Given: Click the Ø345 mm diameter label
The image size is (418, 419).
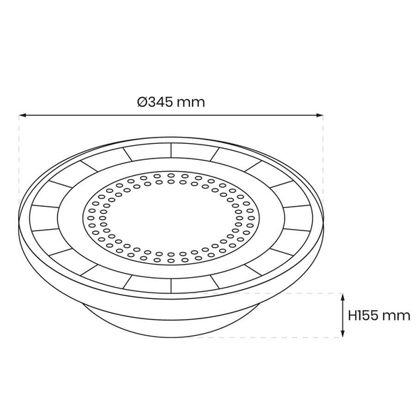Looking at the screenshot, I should coord(172,102).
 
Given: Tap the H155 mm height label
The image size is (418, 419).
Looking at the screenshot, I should coord(379,315).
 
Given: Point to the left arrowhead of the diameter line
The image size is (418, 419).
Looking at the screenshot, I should coord(22,115).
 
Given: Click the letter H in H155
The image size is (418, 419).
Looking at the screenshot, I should coord(352,315).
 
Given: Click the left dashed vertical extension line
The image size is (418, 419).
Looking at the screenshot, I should coord(19,161).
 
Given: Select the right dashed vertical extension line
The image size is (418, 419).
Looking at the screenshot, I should coord(324,161).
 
